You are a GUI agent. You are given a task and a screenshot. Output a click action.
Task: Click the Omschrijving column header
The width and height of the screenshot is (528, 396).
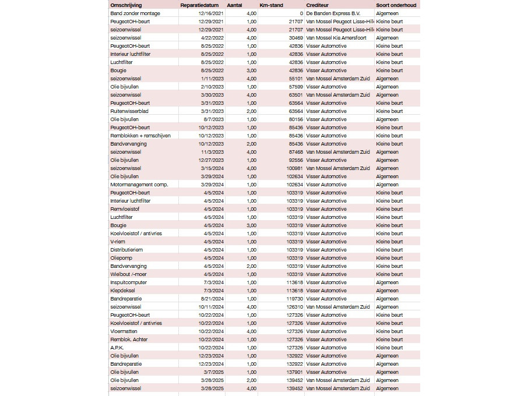pyautogui.click(x=126, y=5)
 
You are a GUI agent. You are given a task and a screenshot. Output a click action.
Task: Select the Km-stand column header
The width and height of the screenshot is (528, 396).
pyautogui.click(x=271, y=5)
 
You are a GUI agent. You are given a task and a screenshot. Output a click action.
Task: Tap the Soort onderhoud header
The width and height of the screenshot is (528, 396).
pyautogui.click(x=396, y=5)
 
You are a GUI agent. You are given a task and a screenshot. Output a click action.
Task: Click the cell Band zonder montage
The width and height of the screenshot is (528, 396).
pyautogui.click(x=135, y=13)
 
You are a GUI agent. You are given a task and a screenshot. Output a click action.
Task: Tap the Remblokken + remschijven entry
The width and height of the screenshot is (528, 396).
pyautogui.click(x=140, y=136)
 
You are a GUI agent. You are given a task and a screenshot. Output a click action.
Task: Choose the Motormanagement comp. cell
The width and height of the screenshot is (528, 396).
pyautogui.click(x=139, y=185)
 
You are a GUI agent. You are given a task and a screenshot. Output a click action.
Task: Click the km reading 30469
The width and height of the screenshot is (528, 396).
pyautogui.click(x=296, y=38)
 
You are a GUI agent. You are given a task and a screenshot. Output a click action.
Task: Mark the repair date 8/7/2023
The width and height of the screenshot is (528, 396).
pyautogui.click(x=214, y=119)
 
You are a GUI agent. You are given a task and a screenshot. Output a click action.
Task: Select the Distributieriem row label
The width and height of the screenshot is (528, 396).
pyautogui.click(x=126, y=250)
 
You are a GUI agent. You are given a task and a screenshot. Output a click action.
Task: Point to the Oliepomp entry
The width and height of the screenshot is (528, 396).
pyautogui.click(x=121, y=258)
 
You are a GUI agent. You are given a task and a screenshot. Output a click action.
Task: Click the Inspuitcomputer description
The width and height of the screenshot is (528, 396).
pyautogui.click(x=129, y=282)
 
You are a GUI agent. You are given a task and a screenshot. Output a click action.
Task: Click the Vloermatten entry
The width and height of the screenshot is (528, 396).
pyautogui.click(x=124, y=331)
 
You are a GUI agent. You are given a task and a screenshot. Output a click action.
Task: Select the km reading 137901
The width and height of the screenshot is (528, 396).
pyautogui.click(x=294, y=372)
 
